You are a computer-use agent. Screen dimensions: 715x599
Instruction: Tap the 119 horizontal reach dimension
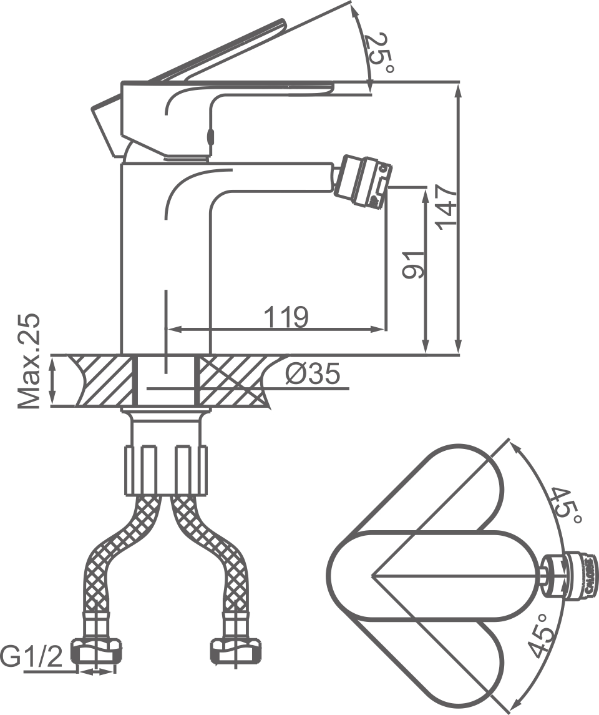pos(285,317)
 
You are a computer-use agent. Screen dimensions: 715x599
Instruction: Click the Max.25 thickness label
pos(29,362)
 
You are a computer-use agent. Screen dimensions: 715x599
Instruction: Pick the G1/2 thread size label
pos(31,658)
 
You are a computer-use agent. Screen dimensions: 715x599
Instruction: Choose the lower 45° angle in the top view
pos(542,636)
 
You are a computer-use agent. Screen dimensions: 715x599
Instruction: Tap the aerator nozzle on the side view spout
pos(363,181)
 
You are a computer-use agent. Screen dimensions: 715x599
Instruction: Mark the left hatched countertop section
pos(103,380)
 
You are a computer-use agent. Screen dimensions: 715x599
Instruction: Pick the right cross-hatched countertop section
pos(231,380)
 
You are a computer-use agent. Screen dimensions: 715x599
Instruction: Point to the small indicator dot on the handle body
pos(210,136)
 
